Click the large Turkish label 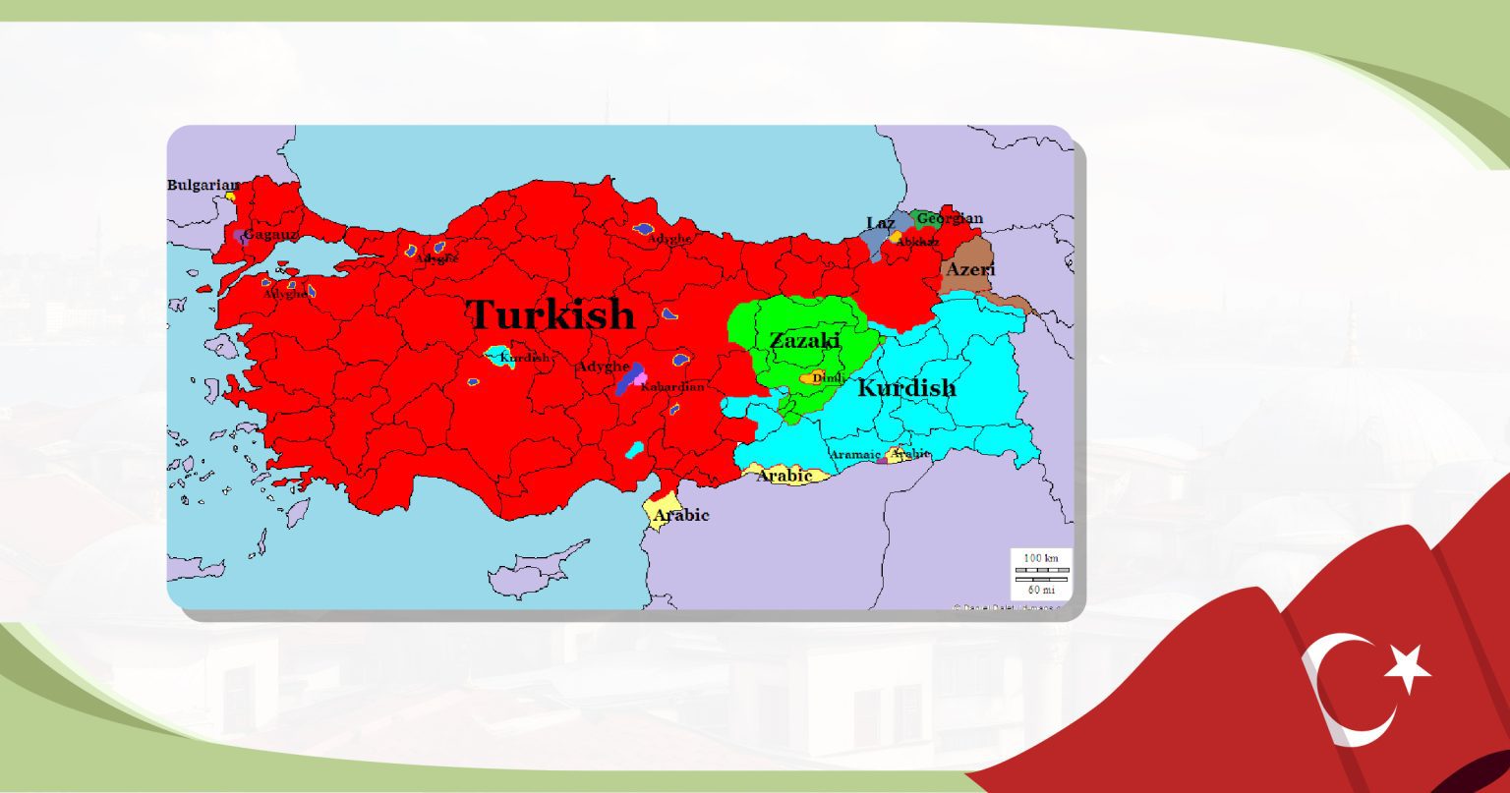tap(551, 314)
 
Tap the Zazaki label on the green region tap(804, 341)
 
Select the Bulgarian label tap(203, 185)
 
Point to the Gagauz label tap(270, 235)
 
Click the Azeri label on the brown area tap(970, 269)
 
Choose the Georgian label tap(950, 219)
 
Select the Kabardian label tap(672, 387)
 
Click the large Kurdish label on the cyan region tap(905, 388)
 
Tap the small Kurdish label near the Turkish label tap(524, 358)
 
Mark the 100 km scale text tap(1041, 558)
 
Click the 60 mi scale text tap(1041, 590)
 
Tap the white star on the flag tap(1408, 668)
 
